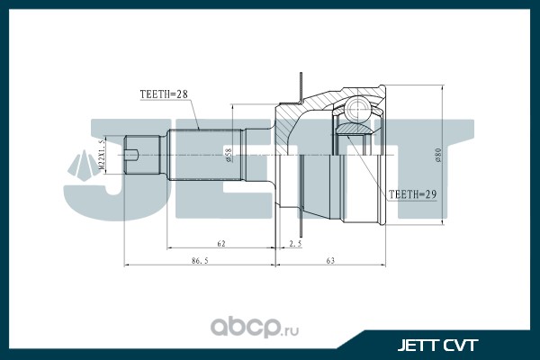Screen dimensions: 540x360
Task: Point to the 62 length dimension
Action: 220,243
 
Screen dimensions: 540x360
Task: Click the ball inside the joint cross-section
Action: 355,112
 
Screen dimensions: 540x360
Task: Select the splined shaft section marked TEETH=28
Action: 193,155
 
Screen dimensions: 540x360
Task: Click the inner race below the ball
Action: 356,139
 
